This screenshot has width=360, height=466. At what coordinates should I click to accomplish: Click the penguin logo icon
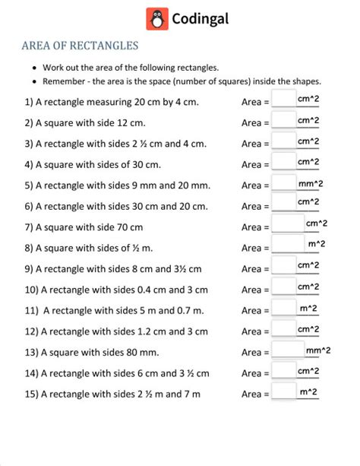157,19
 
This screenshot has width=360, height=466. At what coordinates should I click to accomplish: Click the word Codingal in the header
201,19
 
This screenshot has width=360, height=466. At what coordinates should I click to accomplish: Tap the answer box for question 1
283,100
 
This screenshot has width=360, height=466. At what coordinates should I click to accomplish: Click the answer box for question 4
283,163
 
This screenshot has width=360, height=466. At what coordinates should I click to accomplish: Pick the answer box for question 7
287,226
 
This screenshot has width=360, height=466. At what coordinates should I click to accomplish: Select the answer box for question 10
283,288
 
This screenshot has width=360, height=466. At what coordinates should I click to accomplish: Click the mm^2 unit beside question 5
311,182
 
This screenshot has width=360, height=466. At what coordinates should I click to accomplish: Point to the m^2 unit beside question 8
317,243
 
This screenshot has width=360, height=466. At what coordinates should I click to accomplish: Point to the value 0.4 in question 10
139,289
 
